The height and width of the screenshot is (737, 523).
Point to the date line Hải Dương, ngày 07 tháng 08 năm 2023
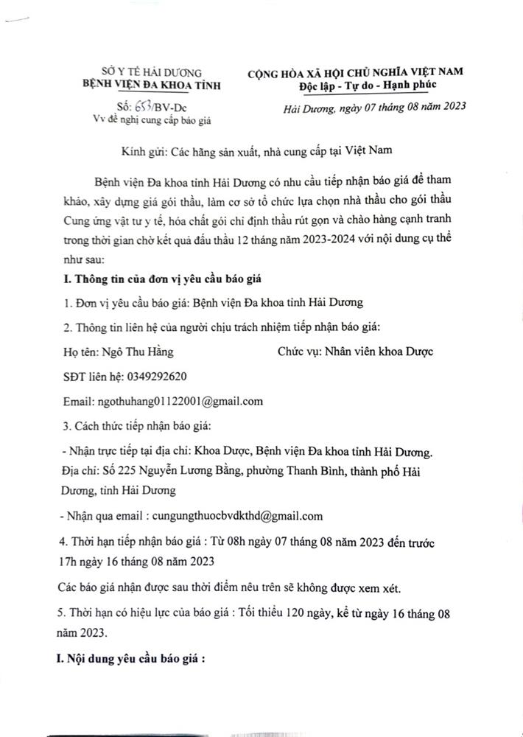375,108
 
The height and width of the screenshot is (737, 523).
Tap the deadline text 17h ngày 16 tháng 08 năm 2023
136,562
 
